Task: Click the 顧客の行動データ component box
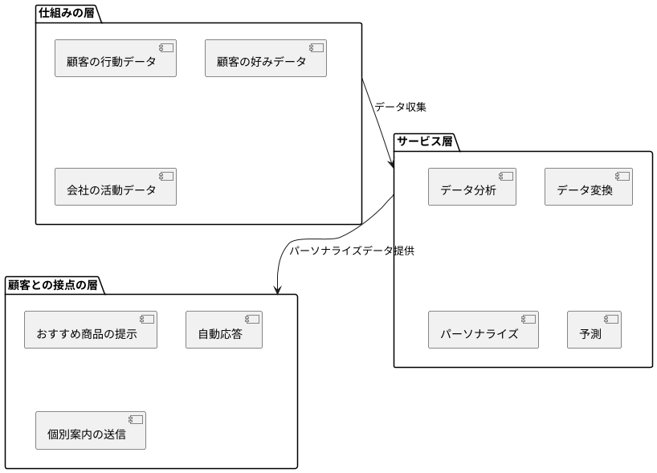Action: (115, 59)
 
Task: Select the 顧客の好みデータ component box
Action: (265, 59)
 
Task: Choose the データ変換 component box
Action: (588, 186)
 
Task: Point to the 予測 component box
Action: (594, 329)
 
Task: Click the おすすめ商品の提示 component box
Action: (90, 329)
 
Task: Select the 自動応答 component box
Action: (223, 329)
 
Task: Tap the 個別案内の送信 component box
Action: (91, 430)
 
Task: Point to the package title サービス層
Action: (424, 141)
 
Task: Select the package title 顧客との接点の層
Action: (52, 284)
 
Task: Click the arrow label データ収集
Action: (400, 106)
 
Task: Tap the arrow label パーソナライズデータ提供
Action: (351, 251)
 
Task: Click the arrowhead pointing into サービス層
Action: (391, 165)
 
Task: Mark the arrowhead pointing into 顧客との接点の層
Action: (277, 291)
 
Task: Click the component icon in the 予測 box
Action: (610, 319)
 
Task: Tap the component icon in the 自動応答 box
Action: (251, 319)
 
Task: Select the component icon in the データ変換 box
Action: (622, 176)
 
